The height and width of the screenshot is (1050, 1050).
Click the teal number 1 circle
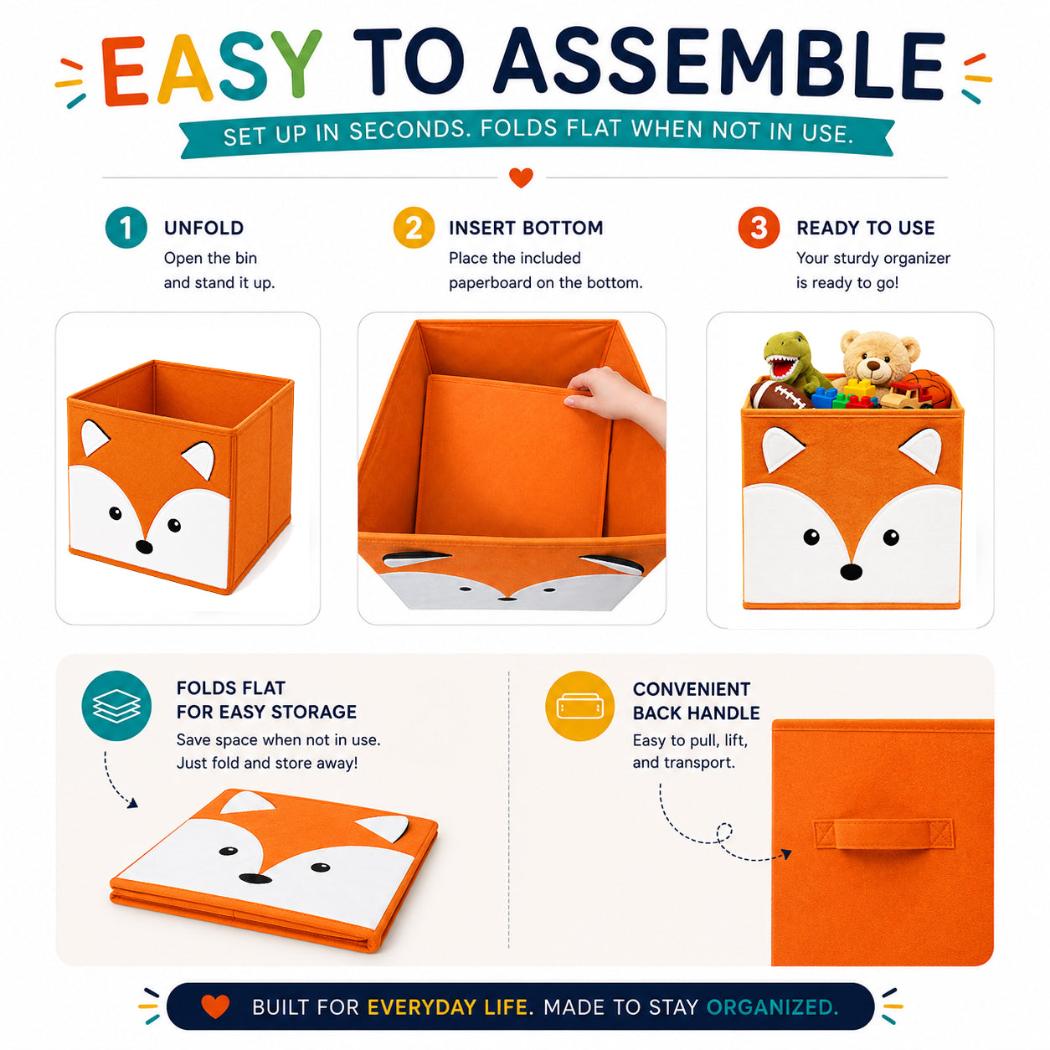click(x=126, y=227)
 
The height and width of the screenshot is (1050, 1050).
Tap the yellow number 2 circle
click(x=414, y=227)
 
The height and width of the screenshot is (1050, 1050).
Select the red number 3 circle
click(x=758, y=227)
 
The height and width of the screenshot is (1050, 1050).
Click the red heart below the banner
click(x=520, y=178)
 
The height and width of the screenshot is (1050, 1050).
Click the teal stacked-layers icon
click(x=116, y=706)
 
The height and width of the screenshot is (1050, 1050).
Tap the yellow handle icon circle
click(x=579, y=706)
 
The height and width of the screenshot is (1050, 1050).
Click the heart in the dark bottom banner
click(x=215, y=1006)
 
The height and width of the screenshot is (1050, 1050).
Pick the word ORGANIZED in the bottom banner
click(x=771, y=1007)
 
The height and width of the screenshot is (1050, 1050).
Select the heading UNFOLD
click(x=203, y=228)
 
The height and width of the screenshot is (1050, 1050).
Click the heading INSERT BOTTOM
click(x=526, y=228)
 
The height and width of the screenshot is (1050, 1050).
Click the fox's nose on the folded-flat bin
click(x=255, y=878)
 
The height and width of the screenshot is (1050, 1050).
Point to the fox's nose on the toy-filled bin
click(x=851, y=571)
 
